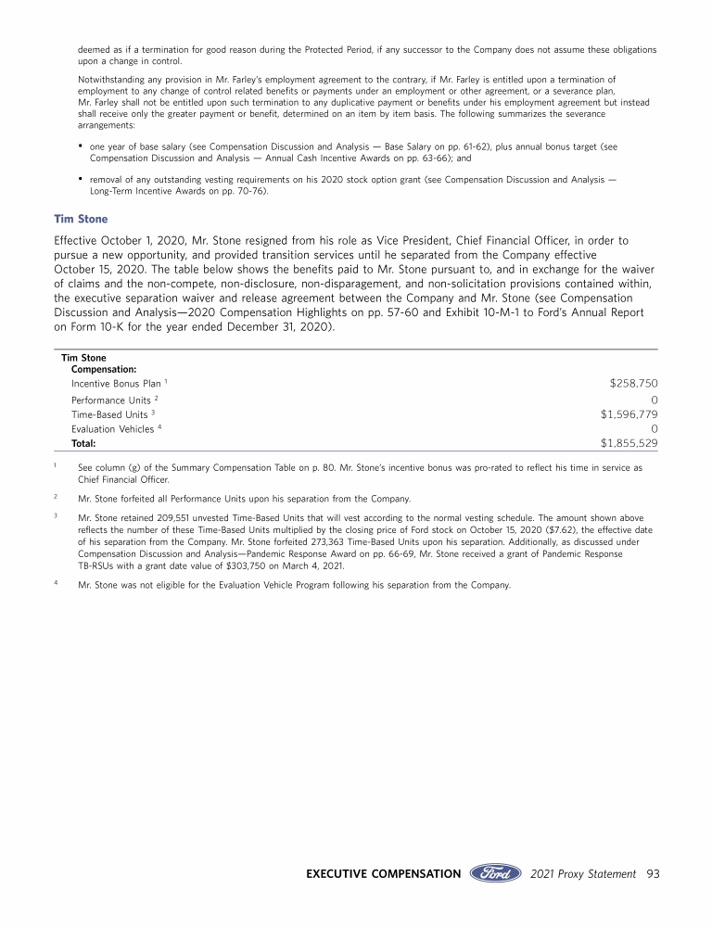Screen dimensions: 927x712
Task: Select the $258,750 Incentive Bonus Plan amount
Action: [x=633, y=382]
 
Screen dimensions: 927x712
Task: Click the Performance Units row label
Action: [x=112, y=399]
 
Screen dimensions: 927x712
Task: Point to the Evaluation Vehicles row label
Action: [x=113, y=430]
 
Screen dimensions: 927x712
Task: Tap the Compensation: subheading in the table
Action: [x=104, y=369]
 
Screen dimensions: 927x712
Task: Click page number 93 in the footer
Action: [x=652, y=873]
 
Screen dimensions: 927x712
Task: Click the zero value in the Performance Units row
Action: [x=655, y=399]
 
